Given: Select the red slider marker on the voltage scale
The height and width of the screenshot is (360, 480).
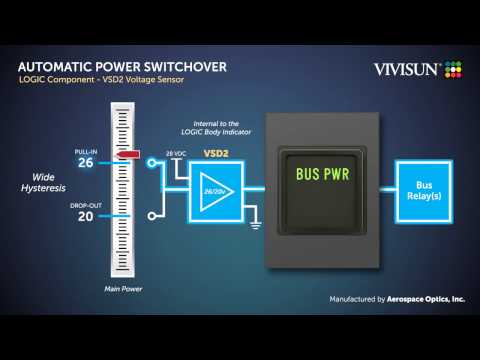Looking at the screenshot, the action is click(126, 156).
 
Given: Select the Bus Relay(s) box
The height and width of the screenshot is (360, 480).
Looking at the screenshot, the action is click(424, 190).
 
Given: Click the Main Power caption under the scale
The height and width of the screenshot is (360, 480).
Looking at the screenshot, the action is click(124, 291).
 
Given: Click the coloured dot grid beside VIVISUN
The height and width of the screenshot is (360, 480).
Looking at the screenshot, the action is click(456, 68).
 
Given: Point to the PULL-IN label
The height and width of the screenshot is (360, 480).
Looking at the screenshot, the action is click(85, 151).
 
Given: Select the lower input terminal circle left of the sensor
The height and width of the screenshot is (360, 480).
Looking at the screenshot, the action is click(150, 214).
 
